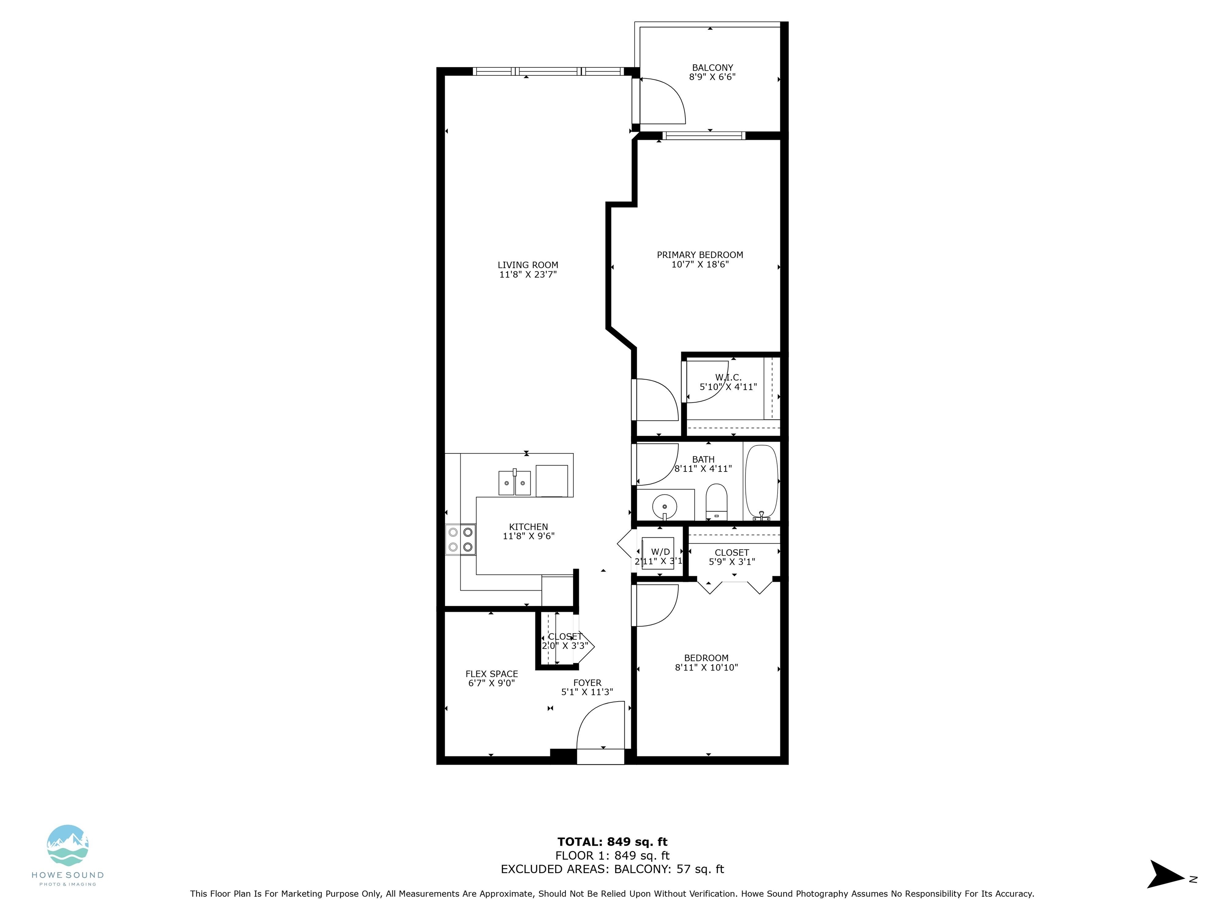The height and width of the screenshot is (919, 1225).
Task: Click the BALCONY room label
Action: pos(712,67)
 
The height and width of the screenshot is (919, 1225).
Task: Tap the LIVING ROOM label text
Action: pos(528,265)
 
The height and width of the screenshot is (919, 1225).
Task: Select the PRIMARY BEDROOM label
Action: pos(700,255)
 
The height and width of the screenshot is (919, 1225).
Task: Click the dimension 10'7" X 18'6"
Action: pos(700,264)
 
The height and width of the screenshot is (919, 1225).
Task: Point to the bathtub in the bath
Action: pos(762,481)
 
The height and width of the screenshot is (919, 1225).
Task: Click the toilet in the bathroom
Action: pos(716,502)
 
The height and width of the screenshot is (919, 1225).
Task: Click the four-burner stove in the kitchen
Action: pos(461,540)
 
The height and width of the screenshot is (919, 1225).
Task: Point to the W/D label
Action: pos(660,552)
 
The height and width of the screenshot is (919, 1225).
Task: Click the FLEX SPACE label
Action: pos(492,674)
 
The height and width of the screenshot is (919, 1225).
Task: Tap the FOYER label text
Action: pos(587,683)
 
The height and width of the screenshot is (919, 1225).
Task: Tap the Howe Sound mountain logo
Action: pos(67,845)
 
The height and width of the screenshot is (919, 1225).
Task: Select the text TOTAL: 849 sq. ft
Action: pos(612,842)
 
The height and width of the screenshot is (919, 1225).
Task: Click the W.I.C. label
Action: pos(728,377)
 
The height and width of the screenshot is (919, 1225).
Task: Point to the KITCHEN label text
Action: pos(528,527)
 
